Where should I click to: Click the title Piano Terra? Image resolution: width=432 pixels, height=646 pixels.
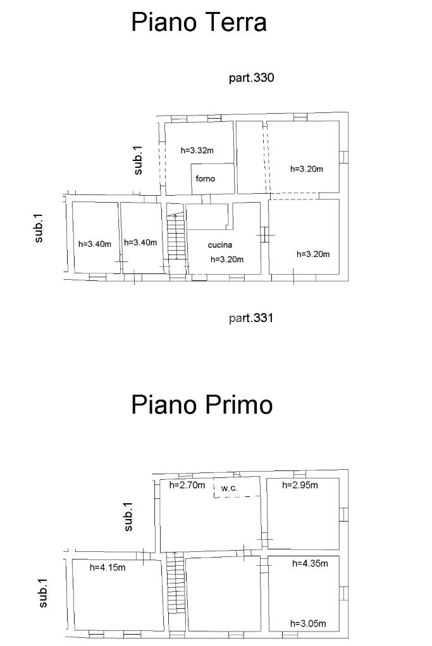pyautogui.click(x=199, y=22)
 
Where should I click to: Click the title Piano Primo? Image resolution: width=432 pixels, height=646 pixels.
pyautogui.click(x=202, y=404)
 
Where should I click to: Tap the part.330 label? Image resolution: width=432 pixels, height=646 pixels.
pyautogui.click(x=251, y=78)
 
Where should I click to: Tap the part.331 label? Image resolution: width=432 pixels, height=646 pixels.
pyautogui.click(x=251, y=318)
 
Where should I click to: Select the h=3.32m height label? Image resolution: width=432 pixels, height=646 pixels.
pyautogui.click(x=197, y=150)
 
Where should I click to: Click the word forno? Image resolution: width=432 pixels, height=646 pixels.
pyautogui.click(x=205, y=178)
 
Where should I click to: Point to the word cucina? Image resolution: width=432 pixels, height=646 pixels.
pyautogui.click(x=220, y=245)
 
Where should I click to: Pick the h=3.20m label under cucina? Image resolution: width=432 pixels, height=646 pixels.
pyautogui.click(x=227, y=259)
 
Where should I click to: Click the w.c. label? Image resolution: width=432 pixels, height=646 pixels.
pyautogui.click(x=229, y=488)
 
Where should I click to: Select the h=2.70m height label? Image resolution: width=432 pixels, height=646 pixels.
pyautogui.click(x=187, y=485)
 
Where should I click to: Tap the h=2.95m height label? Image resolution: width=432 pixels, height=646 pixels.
pyautogui.click(x=300, y=485)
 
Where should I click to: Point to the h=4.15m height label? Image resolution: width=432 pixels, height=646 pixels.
pyautogui.click(x=108, y=567)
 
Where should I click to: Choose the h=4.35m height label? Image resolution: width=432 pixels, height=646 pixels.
pyautogui.click(x=310, y=563)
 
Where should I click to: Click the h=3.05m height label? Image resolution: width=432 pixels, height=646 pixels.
pyautogui.click(x=308, y=623)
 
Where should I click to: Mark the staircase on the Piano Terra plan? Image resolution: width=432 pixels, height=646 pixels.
pyautogui.click(x=176, y=236)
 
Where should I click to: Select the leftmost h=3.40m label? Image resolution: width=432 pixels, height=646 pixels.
pyautogui.click(x=95, y=244)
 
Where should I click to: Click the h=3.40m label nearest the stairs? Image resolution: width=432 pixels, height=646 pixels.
pyautogui.click(x=140, y=242)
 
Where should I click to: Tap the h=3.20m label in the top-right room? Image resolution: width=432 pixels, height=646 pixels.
pyautogui.click(x=307, y=169)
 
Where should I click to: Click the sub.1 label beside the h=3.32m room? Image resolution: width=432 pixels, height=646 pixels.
pyautogui.click(x=139, y=160)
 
